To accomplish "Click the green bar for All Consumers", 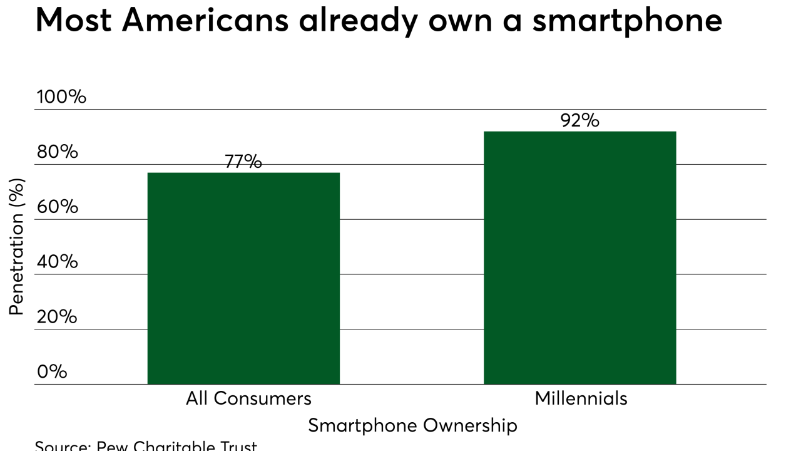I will pyautogui.click(x=243, y=278).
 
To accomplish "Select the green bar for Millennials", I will pyautogui.click(x=580, y=257).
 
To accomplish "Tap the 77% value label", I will pyautogui.click(x=243, y=162).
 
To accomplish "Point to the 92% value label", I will pyautogui.click(x=580, y=120).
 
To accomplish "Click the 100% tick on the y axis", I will pyautogui.click(x=61, y=97).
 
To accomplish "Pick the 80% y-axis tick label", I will pyautogui.click(x=57, y=152).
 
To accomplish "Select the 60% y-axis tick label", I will pyautogui.click(x=57, y=207).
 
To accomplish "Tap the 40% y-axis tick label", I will pyautogui.click(x=57, y=261).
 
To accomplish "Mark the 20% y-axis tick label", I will pyautogui.click(x=57, y=316).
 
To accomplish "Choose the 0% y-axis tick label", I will pyautogui.click(x=52, y=371).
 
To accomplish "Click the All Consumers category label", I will pyautogui.click(x=248, y=398).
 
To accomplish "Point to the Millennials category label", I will pyautogui.click(x=581, y=398).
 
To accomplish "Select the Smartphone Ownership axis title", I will pyautogui.click(x=412, y=426).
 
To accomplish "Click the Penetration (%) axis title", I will pyautogui.click(x=17, y=247).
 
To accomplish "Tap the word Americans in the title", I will pyautogui.click(x=206, y=21).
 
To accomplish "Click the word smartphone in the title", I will pyautogui.click(x=627, y=21).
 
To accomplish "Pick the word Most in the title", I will pyautogui.click(x=74, y=21).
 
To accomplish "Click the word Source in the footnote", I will pyautogui.click(x=61, y=446).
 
